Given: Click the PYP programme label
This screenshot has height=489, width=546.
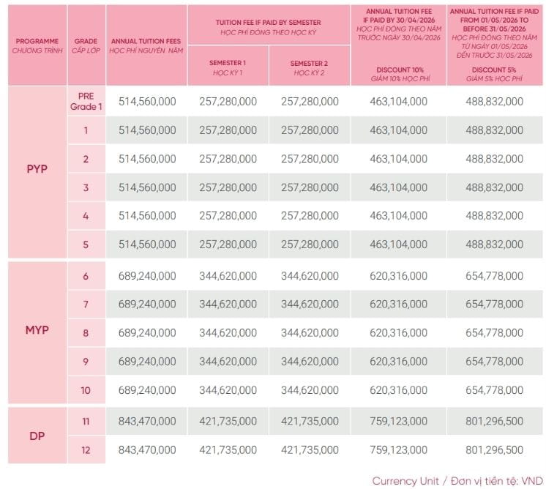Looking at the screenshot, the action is point(37,169).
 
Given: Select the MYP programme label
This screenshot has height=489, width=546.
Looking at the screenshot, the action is point(37,330).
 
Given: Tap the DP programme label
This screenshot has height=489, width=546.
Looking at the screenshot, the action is point(37,436).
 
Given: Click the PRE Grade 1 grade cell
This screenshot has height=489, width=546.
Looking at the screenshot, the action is point(86,101).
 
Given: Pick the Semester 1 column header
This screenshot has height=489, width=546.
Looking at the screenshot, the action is point(228,67).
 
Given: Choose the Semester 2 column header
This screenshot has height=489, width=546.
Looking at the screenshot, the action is point(309,68).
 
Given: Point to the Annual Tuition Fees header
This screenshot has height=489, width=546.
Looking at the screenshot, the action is point(146,45).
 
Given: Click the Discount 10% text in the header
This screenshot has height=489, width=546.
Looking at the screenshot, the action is point(400,70).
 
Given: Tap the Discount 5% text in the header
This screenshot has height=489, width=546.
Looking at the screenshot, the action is point(494,70).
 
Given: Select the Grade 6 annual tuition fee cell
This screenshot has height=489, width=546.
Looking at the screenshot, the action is point(147,276).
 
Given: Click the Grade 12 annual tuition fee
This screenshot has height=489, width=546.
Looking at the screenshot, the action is point(147,449).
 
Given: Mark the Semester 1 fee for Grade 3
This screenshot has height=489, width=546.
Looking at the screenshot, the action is point(228,187).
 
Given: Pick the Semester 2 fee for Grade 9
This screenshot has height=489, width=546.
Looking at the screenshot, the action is point(310,361).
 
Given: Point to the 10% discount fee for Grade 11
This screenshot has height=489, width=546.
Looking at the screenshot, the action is point(398,421).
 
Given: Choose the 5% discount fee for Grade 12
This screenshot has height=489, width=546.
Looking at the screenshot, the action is point(495,449).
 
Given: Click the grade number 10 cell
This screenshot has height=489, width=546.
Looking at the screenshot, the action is point(86,390).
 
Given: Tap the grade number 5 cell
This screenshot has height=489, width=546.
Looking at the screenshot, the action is point(86,244).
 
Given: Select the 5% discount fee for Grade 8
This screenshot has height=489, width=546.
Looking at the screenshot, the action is point(495,332).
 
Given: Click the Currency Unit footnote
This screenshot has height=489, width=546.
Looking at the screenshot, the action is point(457,481).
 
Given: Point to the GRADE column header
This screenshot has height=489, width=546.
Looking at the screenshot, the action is point(86,45).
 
